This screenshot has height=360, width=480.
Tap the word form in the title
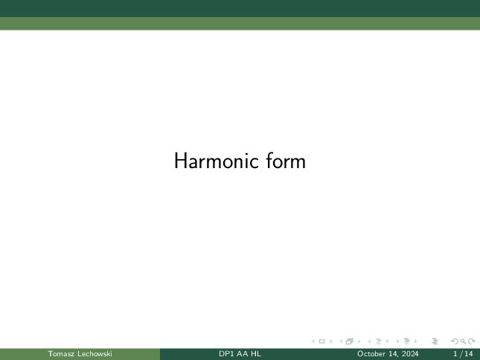point(286,161)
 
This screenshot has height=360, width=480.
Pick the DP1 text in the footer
point(226,354)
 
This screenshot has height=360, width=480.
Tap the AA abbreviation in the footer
point(243,354)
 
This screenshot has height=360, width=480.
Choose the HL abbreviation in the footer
point(256,354)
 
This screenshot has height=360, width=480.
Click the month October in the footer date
point(371,354)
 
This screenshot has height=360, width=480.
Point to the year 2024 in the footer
point(410,354)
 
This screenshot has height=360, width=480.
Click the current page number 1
point(455,354)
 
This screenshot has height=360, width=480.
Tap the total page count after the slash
point(469,354)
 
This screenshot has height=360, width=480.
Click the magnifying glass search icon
point(463,341)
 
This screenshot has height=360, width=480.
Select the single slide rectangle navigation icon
point(321,341)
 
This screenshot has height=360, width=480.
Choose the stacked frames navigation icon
point(350,341)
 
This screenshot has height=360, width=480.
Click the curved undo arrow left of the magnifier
point(455,341)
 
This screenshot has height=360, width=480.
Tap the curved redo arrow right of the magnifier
point(472,341)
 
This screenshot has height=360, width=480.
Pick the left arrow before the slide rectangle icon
point(313,341)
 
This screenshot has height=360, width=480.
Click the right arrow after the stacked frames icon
point(359,341)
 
